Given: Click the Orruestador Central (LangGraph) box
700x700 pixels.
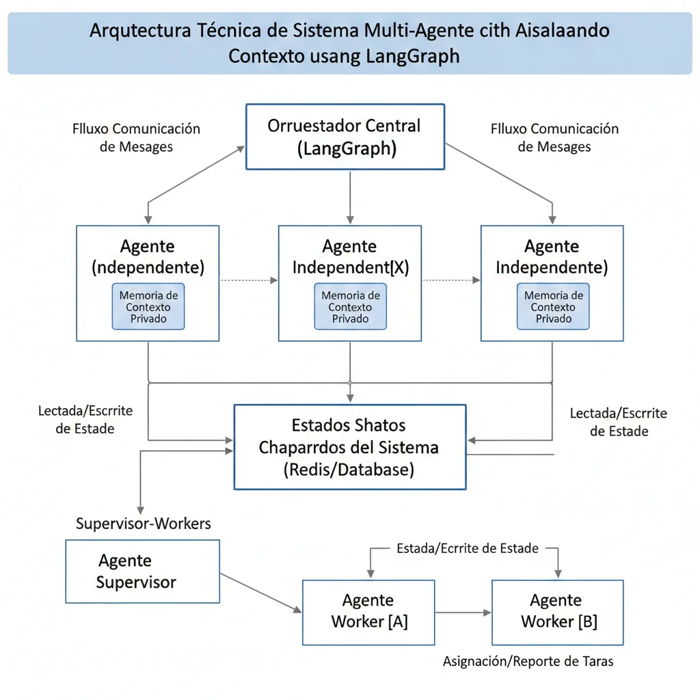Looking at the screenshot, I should point(345,137).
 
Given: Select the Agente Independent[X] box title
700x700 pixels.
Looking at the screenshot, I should point(350,257).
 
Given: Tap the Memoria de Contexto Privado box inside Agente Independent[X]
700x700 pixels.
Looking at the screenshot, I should point(350,307).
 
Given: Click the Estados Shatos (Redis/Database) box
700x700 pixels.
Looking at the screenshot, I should point(350,447).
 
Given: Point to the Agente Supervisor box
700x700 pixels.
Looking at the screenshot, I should point(142,571).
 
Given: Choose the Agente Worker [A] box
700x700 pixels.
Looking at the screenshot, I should point(368,612).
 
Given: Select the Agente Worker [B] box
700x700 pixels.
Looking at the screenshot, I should point(557,612).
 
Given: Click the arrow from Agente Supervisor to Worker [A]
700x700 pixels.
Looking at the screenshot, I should point(260,592).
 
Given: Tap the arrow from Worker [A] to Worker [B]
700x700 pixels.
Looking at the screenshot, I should point(463,612).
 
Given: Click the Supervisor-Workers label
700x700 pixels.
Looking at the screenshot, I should point(143,524).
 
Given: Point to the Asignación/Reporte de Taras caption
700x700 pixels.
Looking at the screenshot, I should point(528,661).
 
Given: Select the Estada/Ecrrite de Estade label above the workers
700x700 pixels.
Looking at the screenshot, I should point(467,548).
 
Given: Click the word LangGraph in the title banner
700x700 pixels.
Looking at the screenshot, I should point(412,55).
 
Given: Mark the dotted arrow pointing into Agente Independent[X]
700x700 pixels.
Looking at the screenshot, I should point(250,280).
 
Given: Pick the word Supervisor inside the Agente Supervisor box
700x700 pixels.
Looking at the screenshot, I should point(136,582).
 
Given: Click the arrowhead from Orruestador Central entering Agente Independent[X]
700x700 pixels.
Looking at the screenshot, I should point(350,219).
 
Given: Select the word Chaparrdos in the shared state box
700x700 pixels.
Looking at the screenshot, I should point(299,448).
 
